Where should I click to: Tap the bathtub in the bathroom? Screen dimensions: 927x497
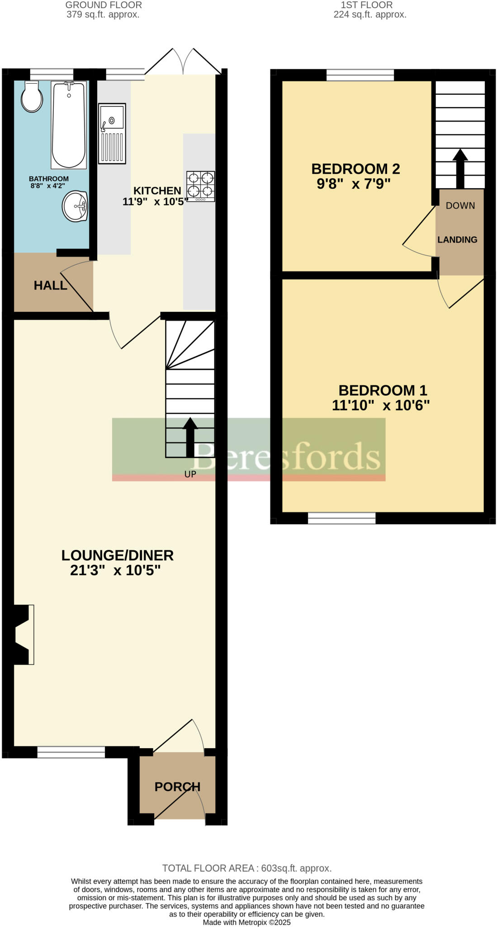(69, 124)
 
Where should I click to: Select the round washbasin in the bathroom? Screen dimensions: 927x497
(75, 206)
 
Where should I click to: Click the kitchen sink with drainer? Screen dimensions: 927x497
(112, 133)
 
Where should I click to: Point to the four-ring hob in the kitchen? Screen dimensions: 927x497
(200, 186)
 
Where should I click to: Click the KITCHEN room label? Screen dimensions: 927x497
(157, 191)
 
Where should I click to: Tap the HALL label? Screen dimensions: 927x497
(50, 285)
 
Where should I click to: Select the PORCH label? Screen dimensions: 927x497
(177, 787)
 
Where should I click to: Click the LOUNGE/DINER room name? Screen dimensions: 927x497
(117, 555)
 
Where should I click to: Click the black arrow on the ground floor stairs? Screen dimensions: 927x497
(190, 436)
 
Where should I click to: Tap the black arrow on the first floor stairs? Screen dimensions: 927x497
(460, 168)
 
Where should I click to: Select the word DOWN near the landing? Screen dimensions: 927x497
(460, 205)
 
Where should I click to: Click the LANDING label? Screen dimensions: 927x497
(457, 239)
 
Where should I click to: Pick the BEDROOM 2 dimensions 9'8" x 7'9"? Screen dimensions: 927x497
(353, 184)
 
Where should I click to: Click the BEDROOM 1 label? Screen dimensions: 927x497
(383, 390)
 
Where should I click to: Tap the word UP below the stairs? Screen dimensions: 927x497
(190, 474)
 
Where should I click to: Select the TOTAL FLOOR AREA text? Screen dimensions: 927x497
(247, 868)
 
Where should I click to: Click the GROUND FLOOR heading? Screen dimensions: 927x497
(104, 5)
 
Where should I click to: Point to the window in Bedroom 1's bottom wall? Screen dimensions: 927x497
(341, 518)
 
